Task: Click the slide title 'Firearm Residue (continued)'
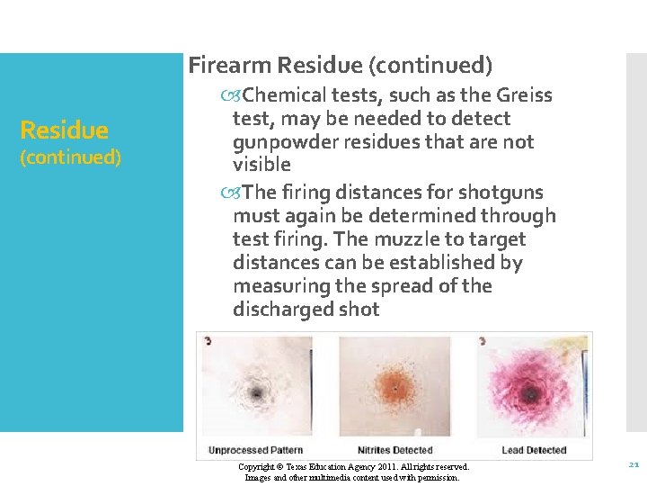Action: click(341, 66)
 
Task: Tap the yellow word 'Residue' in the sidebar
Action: click(64, 130)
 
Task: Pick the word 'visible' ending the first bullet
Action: click(261, 165)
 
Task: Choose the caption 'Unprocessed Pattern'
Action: click(255, 450)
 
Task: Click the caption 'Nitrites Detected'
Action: click(395, 450)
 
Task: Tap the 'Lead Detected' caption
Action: click(534, 450)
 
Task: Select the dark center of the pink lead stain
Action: click(532, 392)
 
